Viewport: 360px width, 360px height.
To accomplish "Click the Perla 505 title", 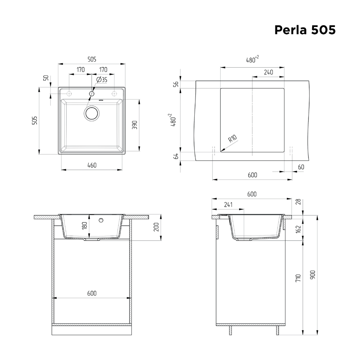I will pyautogui.click(x=305, y=30).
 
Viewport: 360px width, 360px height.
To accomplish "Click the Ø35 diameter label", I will pyautogui.click(x=102, y=80).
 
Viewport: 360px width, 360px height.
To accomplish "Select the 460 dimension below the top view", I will pyautogui.click(x=92, y=165).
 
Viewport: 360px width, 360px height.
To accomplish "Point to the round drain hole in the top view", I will pyautogui.click(x=91, y=113).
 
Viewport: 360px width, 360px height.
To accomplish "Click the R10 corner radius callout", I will pyautogui.click(x=231, y=139).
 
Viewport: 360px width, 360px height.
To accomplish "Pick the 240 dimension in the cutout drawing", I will pyautogui.click(x=268, y=72).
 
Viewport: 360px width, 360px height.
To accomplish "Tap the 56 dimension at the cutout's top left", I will pyautogui.click(x=176, y=84).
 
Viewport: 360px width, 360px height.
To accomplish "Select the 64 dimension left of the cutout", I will pyautogui.click(x=176, y=156).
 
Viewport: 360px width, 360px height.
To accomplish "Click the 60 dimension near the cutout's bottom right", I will pyautogui.click(x=301, y=167).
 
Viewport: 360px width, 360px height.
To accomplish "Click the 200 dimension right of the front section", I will pyautogui.click(x=156, y=227).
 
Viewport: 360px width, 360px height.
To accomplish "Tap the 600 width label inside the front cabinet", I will pyautogui.click(x=92, y=293).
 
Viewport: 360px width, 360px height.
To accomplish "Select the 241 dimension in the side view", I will pyautogui.click(x=228, y=205).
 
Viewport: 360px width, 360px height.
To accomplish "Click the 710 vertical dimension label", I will pyautogui.click(x=298, y=278).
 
